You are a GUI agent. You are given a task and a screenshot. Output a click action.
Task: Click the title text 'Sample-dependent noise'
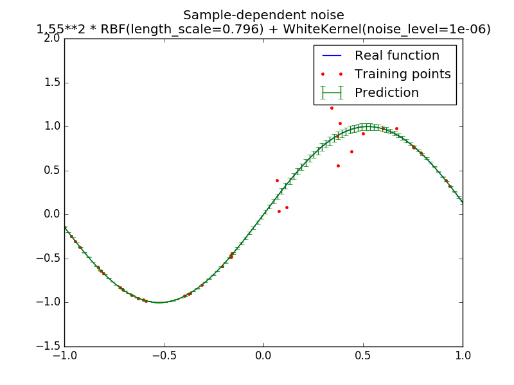point(263,15)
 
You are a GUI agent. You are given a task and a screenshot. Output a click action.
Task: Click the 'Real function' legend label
point(396,56)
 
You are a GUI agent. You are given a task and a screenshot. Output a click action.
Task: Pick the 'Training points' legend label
point(402,74)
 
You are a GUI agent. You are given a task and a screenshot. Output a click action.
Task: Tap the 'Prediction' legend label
point(386,93)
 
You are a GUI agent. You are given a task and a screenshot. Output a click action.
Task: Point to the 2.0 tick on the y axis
point(53,38)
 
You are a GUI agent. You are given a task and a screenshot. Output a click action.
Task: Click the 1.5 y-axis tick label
point(53,83)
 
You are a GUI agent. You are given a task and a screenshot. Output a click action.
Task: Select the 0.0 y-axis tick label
point(53,214)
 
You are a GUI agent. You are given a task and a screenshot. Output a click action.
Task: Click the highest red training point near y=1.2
point(332,108)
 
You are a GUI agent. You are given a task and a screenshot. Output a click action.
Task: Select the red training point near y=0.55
point(338,166)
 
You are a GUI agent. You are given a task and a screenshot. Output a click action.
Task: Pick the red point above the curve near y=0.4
point(277,180)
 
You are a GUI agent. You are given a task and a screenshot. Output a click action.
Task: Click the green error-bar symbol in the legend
point(331,93)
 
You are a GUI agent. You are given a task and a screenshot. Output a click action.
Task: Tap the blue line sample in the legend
point(331,56)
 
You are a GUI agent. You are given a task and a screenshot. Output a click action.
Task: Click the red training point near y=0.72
point(351,151)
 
